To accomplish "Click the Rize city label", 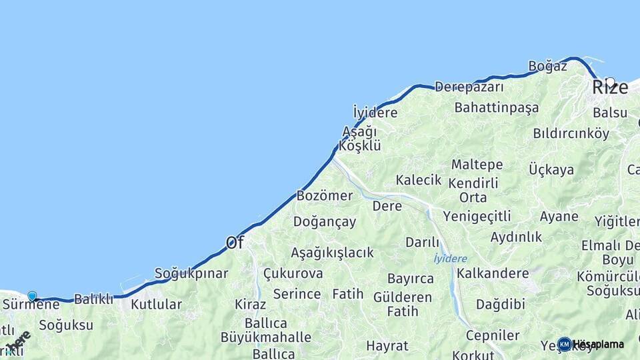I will (610, 87).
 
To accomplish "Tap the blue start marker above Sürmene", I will (32, 295).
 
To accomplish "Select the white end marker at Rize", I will (610, 82).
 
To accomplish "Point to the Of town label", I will (234, 243).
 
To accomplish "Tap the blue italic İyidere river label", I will (450, 259).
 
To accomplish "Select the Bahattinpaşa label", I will (496, 107).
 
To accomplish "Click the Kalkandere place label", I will (493, 273).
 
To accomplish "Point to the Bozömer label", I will (324, 196).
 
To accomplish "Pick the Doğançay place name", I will (325, 222).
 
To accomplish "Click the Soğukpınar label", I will (191, 273).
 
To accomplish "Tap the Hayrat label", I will (387, 346).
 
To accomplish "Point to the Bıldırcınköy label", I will (571, 133).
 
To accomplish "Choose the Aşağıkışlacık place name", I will (332, 253).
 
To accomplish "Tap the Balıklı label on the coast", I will (93, 299).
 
